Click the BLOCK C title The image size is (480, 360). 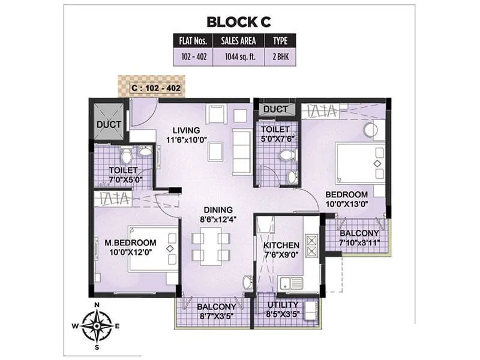click(239, 22)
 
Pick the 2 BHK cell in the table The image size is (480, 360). click(280, 58)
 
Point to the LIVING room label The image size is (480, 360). click(186, 130)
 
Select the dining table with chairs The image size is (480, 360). click(210, 246)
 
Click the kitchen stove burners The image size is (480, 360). click(311, 244)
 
